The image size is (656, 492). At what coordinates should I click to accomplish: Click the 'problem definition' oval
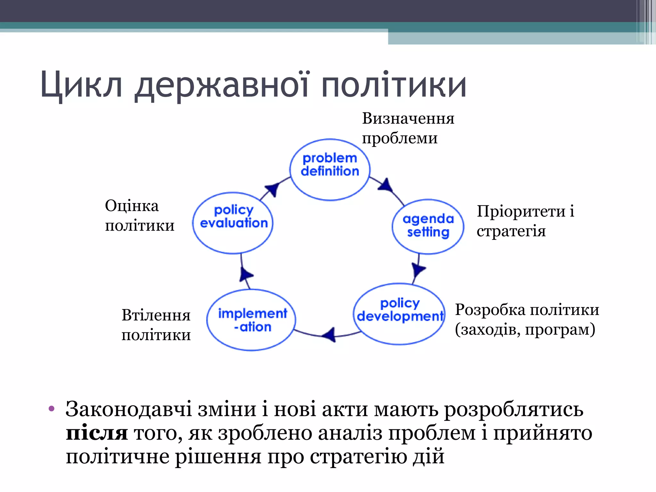pyautogui.click(x=330, y=169)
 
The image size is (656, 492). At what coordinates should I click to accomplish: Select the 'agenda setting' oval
pyautogui.click(x=428, y=226)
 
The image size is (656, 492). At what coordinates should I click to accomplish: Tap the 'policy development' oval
pyautogui.click(x=399, y=314)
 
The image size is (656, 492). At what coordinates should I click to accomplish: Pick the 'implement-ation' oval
pyautogui.click(x=251, y=320)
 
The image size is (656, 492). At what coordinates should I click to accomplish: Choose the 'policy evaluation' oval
pyautogui.click(x=233, y=223)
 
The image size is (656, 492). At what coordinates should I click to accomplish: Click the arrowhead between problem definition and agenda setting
pyautogui.click(x=386, y=185)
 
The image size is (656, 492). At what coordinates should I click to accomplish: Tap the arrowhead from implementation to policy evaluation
pyautogui.click(x=246, y=275)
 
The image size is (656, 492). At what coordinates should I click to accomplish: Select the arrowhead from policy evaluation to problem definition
pyautogui.click(x=273, y=189)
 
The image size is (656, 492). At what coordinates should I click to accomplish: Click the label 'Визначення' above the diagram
pyautogui.click(x=408, y=119)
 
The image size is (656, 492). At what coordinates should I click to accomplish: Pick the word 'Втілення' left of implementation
pyautogui.click(x=156, y=315)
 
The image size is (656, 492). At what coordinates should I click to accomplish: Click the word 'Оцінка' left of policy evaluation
pyautogui.click(x=132, y=206)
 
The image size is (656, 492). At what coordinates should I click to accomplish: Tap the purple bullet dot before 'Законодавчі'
pyautogui.click(x=52, y=409)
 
